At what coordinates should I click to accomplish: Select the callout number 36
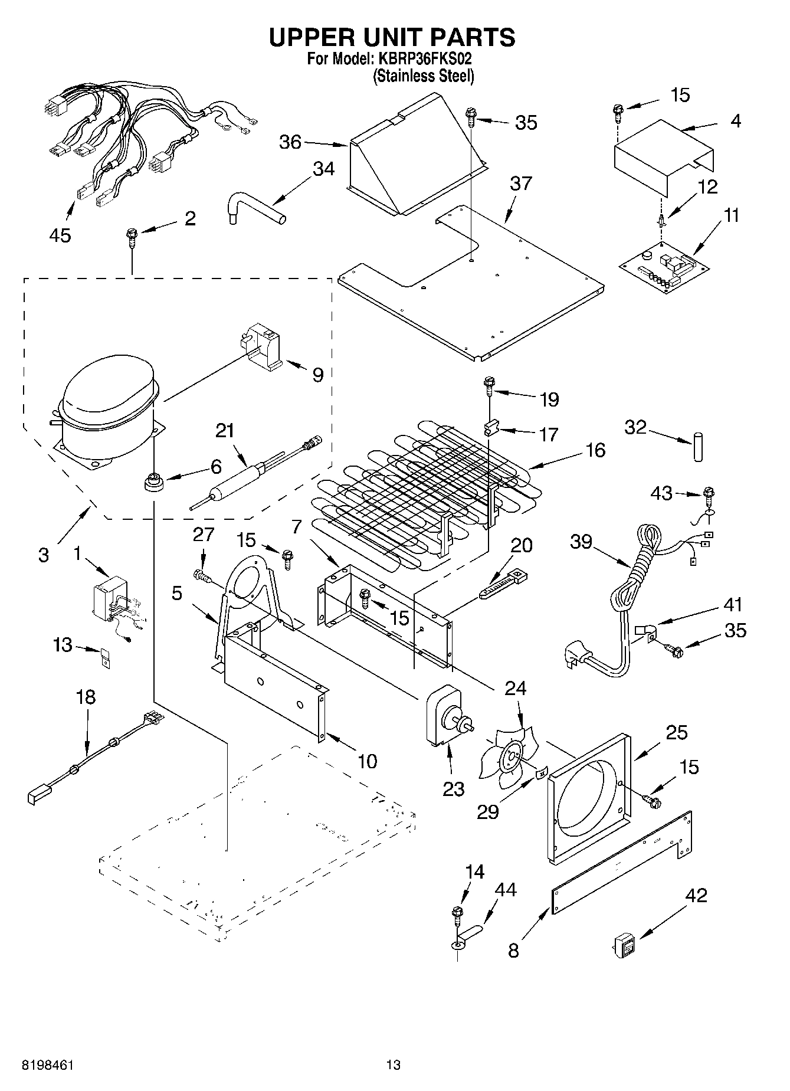290,142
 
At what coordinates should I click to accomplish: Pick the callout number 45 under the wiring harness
60,235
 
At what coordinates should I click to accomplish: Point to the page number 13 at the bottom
393,1065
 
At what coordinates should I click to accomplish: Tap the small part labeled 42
623,946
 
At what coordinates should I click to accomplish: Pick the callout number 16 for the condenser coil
596,450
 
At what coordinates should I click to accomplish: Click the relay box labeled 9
264,348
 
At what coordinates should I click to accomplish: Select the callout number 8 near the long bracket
513,951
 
